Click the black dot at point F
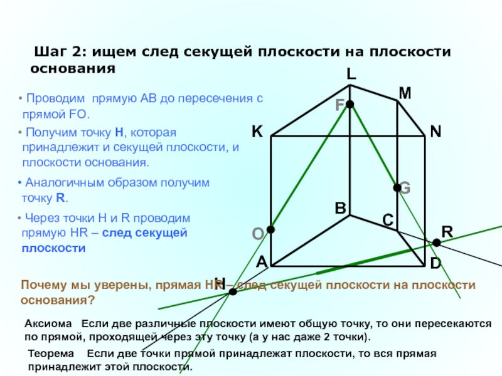tap(350, 104)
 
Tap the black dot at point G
tap(397, 187)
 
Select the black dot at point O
tap(270, 229)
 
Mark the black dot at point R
tap(437, 242)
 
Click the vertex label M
tap(405, 93)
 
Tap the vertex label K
tap(257, 132)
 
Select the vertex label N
tap(435, 132)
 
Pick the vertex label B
tap(340, 208)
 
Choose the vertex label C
tap(388, 220)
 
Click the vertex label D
tap(435, 264)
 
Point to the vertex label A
tap(262, 263)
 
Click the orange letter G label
tap(405, 187)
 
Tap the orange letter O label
tap(257, 234)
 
